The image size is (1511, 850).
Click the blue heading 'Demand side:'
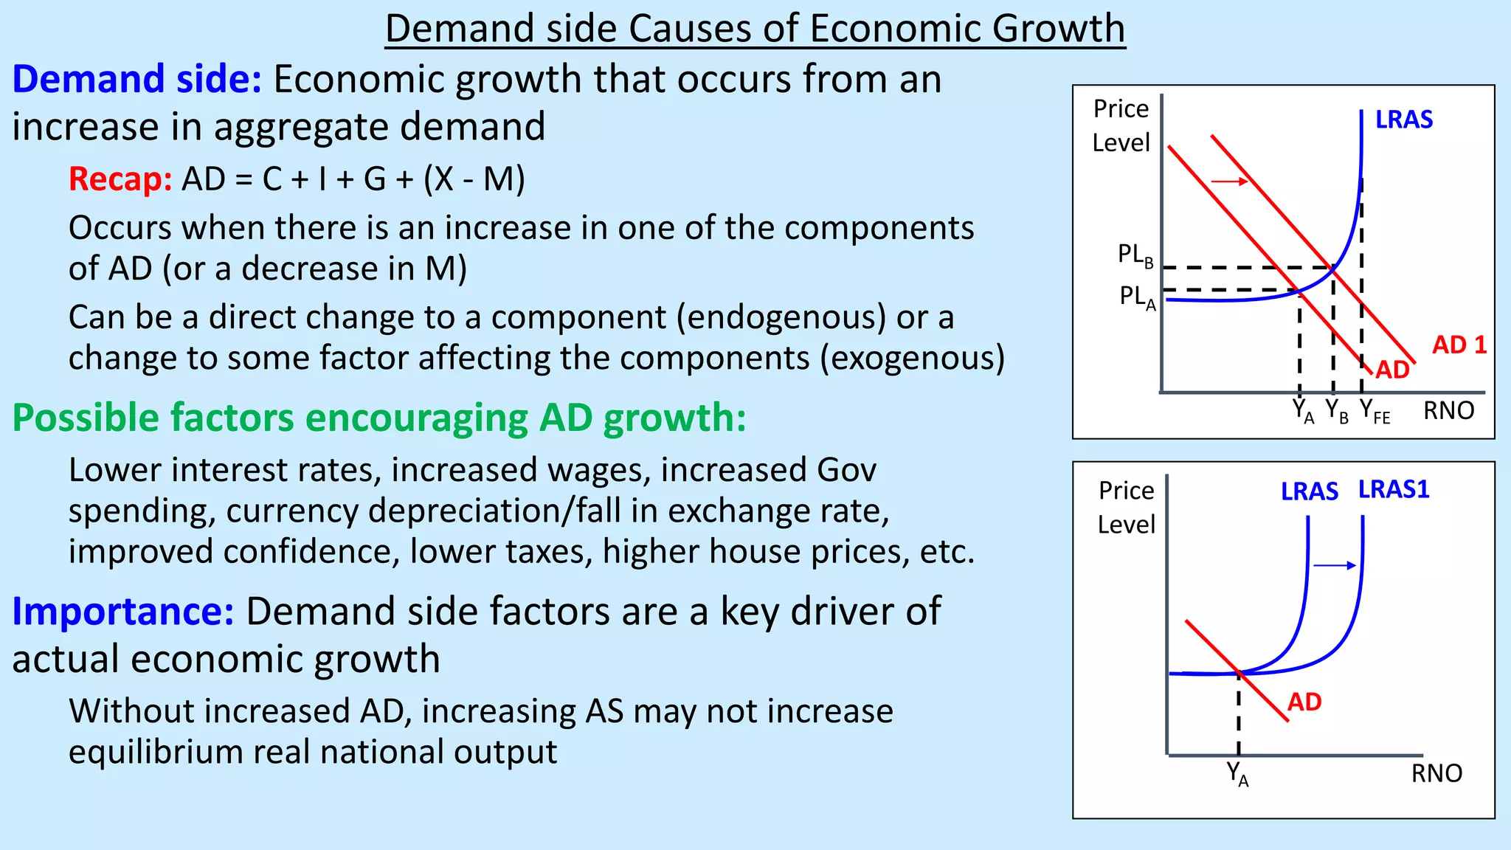pos(137,80)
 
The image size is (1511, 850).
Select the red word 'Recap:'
pos(120,179)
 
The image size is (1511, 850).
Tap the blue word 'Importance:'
pos(123,612)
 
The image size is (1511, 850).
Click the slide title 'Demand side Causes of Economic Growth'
pos(755,30)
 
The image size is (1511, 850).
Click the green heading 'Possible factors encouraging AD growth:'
pos(379,418)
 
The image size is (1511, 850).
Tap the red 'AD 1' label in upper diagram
pos(1459,345)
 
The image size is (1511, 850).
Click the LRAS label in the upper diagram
pos(1403,120)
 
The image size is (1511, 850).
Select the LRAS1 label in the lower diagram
pos(1394,489)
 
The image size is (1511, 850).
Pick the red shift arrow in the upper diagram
pos(1230,182)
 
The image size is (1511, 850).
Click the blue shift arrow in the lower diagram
pos(1335,566)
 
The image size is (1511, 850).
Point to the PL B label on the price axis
pos(1135,255)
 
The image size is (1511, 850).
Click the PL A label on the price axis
pos(1137,297)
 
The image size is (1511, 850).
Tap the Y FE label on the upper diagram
pos(1375,411)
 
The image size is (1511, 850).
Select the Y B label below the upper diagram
pos(1336,411)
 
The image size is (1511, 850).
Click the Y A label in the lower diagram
pos(1237,774)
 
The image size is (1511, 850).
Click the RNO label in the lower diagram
pos(1436,773)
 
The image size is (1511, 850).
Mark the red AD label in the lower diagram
pos(1304,702)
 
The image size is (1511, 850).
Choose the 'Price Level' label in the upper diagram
pos(1121,125)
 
